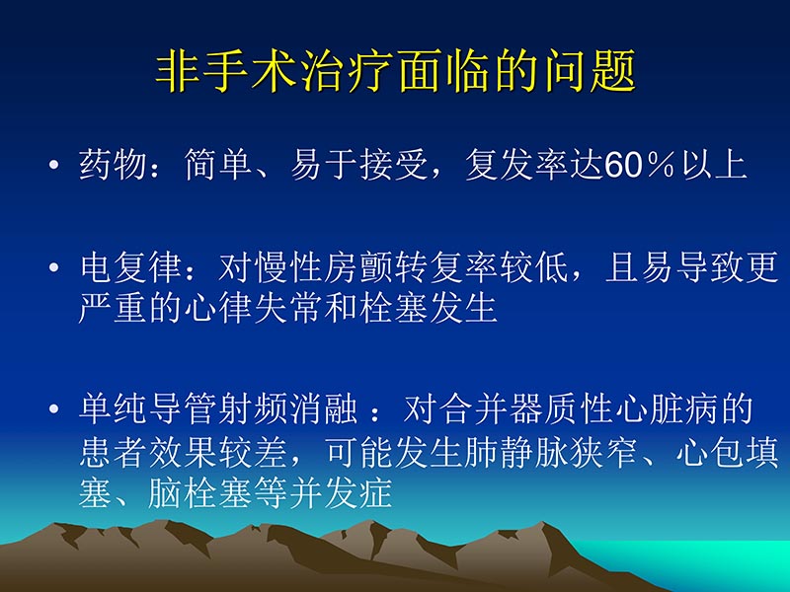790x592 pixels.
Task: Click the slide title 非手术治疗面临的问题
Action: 395,73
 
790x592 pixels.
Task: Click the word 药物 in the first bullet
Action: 113,164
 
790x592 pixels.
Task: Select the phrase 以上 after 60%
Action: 713,164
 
